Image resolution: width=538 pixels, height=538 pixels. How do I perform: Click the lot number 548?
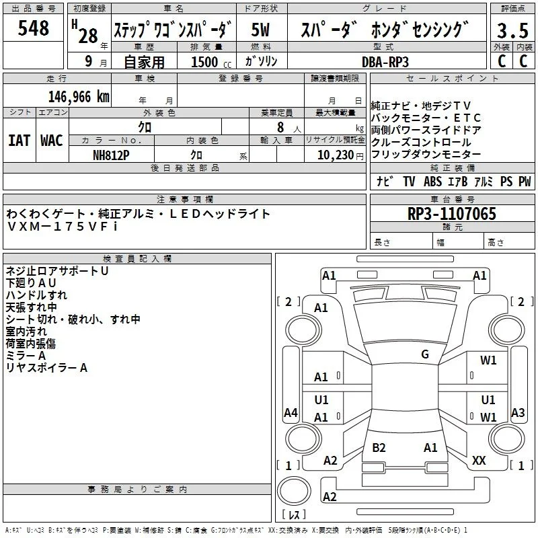33,28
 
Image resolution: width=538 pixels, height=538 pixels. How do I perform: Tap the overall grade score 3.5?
512,31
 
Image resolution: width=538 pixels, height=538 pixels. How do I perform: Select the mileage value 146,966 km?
79,97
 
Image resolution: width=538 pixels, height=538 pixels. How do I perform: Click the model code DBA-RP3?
385,62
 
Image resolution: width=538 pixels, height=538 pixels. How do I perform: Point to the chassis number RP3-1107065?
452,214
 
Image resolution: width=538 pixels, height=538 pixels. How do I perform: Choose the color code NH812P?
111,155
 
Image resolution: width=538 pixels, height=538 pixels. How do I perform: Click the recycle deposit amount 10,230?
336,155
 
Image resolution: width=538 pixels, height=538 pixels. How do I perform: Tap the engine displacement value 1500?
204,62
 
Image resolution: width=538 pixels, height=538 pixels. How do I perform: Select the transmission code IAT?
20,141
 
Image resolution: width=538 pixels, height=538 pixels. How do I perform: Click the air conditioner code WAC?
52,141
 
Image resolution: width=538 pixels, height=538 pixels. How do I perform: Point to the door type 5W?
260,30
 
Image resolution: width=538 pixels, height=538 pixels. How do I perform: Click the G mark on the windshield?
425,354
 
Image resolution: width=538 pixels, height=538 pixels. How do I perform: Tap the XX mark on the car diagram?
479,460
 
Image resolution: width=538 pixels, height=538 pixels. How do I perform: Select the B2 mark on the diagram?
379,447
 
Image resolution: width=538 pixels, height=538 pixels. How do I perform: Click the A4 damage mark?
291,412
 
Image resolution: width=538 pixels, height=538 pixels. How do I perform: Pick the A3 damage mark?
518,412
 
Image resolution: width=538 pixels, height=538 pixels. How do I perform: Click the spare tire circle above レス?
294,491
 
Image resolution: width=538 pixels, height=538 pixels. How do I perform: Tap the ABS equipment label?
432,181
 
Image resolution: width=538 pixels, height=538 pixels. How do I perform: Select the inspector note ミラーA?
26,356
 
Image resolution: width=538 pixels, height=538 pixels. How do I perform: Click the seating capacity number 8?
280,127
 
